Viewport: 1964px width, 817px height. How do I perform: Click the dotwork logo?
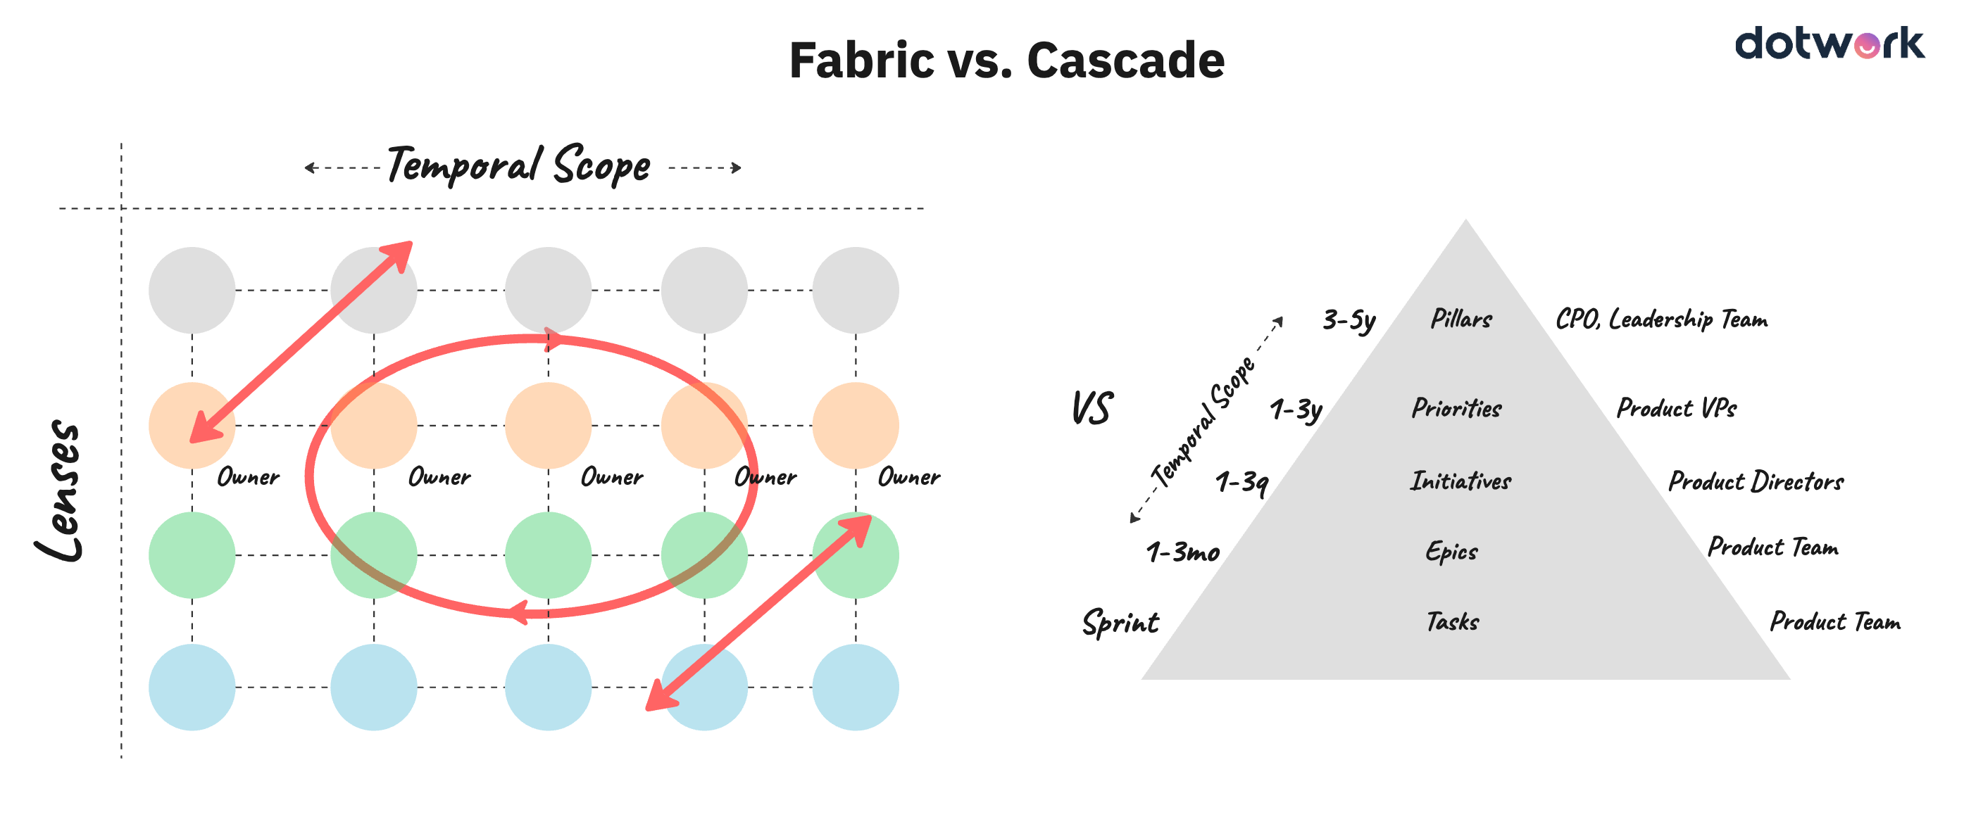(1828, 44)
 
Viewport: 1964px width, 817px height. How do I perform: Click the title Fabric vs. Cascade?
(1006, 61)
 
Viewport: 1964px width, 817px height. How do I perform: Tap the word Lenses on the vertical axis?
(59, 490)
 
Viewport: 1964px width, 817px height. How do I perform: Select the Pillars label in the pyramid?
(1460, 319)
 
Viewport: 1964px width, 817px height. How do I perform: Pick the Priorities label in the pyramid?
(1456, 407)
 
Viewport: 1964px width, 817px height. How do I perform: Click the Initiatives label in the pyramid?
(1459, 481)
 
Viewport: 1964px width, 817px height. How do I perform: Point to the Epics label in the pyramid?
(1451, 551)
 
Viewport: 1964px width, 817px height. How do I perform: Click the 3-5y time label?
(1348, 320)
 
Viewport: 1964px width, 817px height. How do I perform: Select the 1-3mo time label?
(1182, 552)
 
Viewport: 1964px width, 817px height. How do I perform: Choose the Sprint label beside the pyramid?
(1120, 623)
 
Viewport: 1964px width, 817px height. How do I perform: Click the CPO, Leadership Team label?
(1660, 319)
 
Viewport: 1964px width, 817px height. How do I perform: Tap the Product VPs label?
(1676, 407)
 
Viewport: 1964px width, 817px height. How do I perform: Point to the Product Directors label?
(1755, 481)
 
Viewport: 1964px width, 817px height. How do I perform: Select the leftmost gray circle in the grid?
(192, 290)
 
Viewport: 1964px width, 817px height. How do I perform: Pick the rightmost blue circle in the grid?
(855, 687)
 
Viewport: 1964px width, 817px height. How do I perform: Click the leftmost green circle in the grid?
(192, 554)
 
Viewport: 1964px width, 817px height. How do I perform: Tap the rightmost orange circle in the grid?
(855, 424)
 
